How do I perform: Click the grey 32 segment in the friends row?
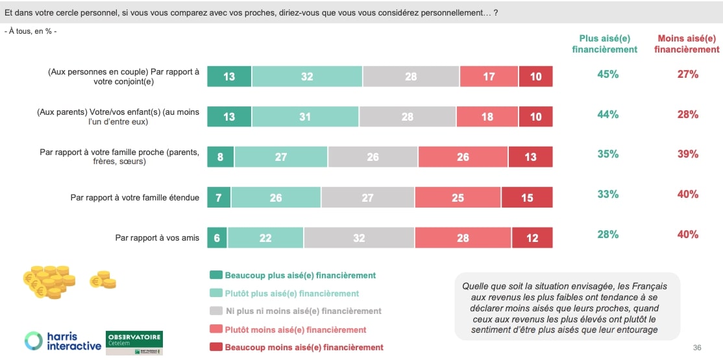pos(359,238)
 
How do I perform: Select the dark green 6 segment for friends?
pos(217,238)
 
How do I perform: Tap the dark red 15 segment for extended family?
pos(527,198)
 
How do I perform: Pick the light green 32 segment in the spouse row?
pos(307,77)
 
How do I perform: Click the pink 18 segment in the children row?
pos(487,117)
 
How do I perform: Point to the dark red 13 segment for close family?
pos(530,157)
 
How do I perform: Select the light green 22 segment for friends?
pos(265,238)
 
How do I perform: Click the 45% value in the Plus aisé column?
pos(607,75)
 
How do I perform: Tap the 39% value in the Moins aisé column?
pos(687,154)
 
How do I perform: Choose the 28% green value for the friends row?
pos(607,235)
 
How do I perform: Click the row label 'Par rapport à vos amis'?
pos(157,238)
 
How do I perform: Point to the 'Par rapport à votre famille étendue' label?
pos(134,198)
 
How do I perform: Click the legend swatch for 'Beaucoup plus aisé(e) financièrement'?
pos(215,276)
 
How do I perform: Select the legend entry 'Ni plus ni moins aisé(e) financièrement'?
pos(303,311)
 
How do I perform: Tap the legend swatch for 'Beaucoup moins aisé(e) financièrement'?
pos(215,347)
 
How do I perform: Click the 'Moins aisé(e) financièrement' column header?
pos(687,43)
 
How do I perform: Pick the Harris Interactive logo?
pos(63,341)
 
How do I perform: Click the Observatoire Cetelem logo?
pos(134,342)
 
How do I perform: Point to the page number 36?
pos(697,348)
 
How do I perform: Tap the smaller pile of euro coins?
pos(103,280)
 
